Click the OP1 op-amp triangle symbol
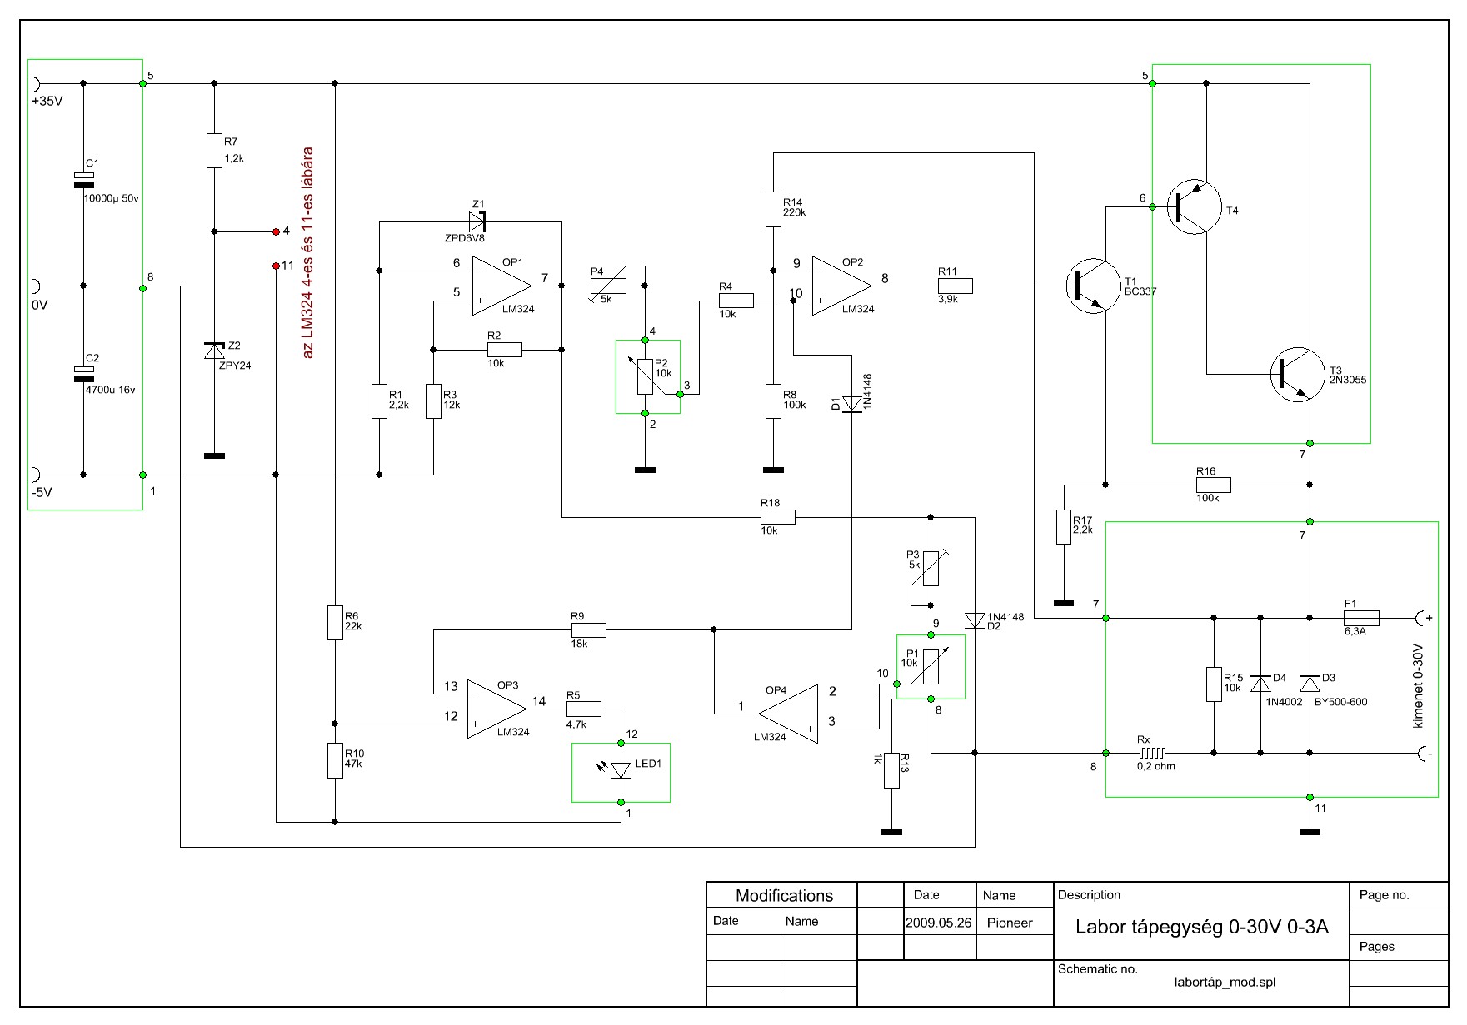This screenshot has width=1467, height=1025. (x=500, y=286)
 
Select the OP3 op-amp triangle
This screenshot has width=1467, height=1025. (x=496, y=709)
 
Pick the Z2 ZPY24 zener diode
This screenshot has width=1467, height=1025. (x=215, y=351)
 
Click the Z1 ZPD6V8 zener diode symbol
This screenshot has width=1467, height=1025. (x=477, y=221)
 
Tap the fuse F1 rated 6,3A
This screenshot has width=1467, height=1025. (x=1361, y=618)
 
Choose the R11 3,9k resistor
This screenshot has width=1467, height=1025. (x=955, y=286)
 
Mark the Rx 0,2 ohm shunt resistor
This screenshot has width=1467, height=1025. (x=1155, y=753)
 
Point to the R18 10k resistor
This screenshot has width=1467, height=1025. (x=778, y=517)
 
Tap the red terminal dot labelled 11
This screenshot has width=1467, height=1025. (x=276, y=266)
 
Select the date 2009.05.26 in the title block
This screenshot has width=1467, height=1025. (x=938, y=923)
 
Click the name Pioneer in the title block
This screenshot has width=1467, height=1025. (x=1009, y=923)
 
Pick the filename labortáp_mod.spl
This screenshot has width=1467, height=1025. (x=1224, y=982)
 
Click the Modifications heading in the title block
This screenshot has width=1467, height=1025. (x=783, y=896)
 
